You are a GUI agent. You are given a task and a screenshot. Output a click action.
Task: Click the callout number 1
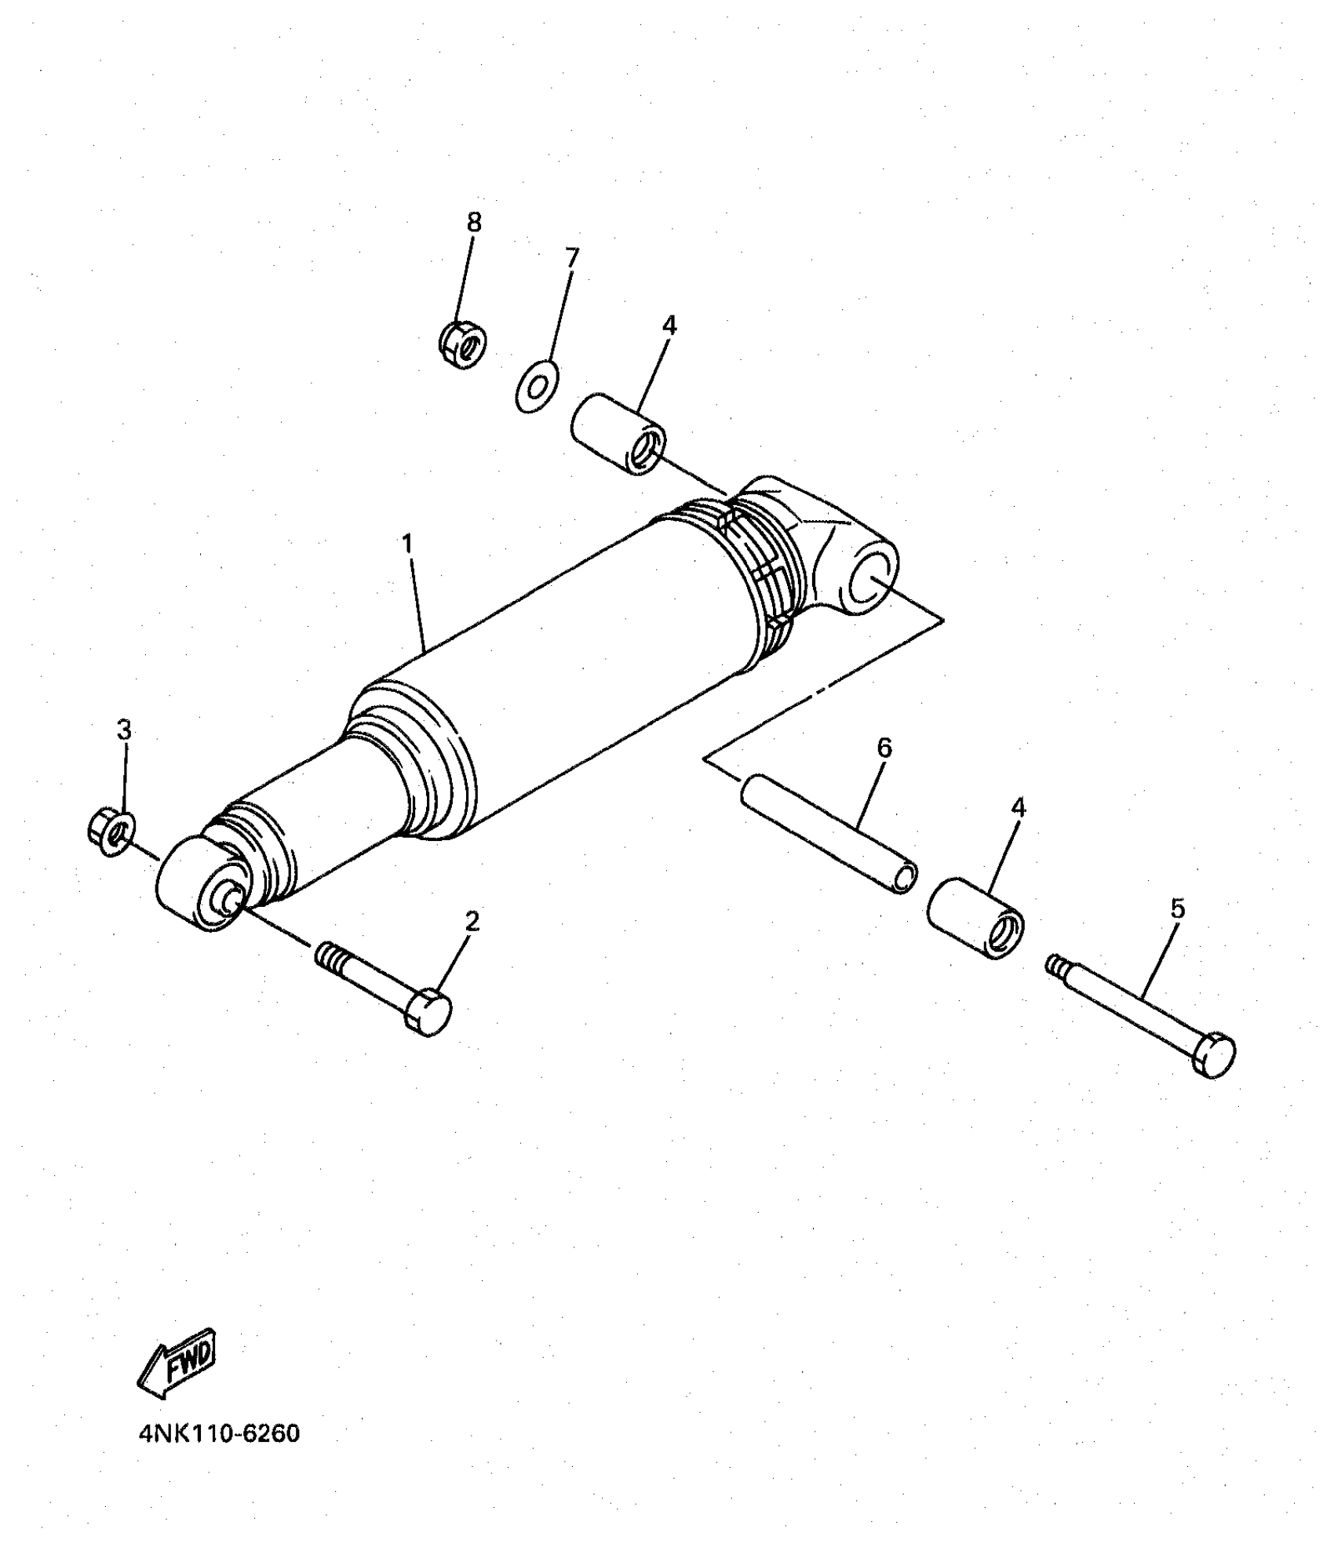(x=406, y=544)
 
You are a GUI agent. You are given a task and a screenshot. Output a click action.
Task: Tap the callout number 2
(x=472, y=921)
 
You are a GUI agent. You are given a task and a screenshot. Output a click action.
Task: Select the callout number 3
(x=124, y=730)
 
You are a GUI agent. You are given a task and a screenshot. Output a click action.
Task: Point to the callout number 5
(x=1177, y=908)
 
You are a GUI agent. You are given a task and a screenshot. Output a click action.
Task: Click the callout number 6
(x=884, y=748)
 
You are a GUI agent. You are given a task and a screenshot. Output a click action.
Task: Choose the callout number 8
(x=474, y=222)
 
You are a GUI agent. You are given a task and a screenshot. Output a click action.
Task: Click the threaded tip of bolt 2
(x=330, y=955)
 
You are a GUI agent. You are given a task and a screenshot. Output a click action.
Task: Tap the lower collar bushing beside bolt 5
(x=976, y=919)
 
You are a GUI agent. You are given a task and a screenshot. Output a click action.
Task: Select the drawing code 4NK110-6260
(x=219, y=1434)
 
